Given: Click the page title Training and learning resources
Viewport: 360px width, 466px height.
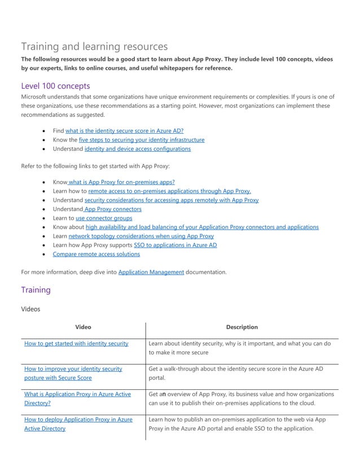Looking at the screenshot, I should [94, 46].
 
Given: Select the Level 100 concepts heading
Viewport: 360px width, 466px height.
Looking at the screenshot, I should [55, 86].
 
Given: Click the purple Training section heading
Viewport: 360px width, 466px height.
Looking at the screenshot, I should [36, 289].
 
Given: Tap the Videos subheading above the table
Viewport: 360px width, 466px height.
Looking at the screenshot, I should [30, 309].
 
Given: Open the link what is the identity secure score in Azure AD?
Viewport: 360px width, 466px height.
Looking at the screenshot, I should [124, 130].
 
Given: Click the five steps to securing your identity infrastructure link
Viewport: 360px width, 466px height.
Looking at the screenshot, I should [142, 139].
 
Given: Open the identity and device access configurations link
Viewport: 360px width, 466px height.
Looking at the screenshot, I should [137, 149].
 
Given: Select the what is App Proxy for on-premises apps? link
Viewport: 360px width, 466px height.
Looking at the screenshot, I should [121, 182].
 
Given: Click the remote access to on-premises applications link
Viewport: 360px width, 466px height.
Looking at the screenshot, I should [169, 191].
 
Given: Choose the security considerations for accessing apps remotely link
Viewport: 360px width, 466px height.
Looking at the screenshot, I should [171, 200].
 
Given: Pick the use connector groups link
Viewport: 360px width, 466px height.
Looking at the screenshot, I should [104, 218].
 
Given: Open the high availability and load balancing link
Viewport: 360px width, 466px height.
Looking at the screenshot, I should [202, 227].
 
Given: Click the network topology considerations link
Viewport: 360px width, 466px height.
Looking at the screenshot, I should [141, 236].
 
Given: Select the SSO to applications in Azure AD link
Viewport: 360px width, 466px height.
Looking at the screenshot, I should [175, 245].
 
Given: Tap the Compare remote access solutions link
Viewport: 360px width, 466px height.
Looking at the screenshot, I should [96, 254].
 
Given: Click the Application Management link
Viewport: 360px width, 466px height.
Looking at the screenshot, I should [151, 272].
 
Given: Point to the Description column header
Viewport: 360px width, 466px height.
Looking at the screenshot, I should [242, 327].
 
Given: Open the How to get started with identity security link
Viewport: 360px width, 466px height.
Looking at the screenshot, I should [76, 343].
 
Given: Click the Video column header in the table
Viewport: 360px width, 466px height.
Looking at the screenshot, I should [83, 327].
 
